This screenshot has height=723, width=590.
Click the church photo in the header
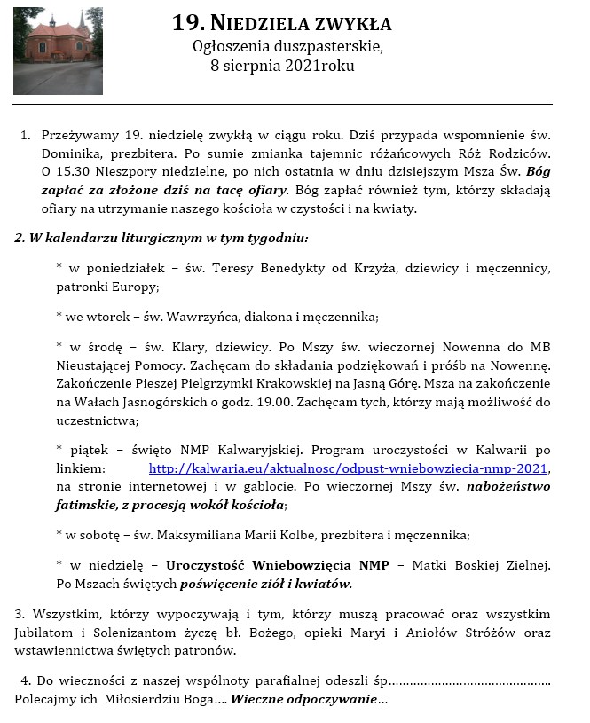coord(58,51)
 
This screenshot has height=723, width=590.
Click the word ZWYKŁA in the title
coord(347,24)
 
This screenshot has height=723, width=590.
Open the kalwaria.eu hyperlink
coord(349,468)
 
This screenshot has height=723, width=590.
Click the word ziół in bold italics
coord(291,584)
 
